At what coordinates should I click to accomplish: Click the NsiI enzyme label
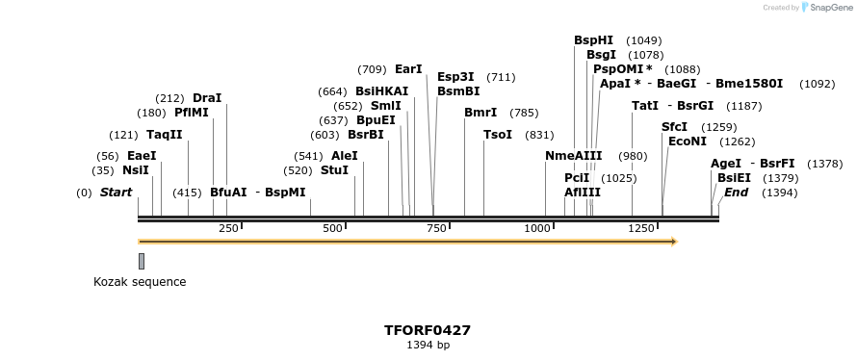135,170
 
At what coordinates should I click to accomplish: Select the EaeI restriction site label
142,155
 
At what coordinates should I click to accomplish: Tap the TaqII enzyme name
164,135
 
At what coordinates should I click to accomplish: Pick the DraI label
207,98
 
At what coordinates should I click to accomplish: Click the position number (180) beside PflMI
150,113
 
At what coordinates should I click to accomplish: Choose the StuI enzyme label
334,170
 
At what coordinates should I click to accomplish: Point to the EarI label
408,69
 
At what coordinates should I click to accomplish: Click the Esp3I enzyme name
455,77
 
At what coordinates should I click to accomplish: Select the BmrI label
480,113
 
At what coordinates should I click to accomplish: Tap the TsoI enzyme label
498,135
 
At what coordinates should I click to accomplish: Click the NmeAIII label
573,156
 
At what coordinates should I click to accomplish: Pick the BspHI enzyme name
593,40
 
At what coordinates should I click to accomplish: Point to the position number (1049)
643,40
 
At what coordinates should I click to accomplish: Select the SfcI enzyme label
674,127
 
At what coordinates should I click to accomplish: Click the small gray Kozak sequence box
142,261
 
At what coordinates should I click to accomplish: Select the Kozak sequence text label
140,282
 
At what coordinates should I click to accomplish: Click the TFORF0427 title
428,330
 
